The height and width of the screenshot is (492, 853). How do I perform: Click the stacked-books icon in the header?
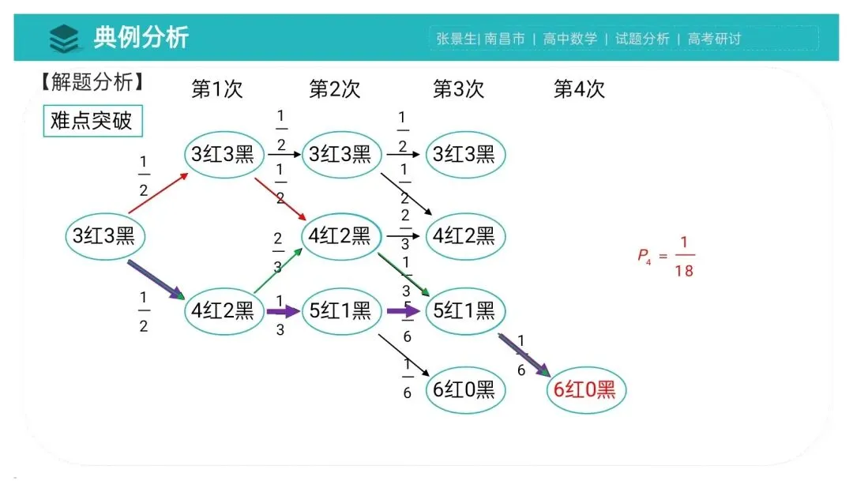pyautogui.click(x=64, y=38)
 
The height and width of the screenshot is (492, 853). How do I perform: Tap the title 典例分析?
pyautogui.click(x=141, y=37)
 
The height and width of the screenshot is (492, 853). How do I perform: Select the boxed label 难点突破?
pyautogui.click(x=92, y=122)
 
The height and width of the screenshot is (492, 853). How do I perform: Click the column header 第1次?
pyautogui.click(x=216, y=89)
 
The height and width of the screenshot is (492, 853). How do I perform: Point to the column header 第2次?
pyautogui.click(x=334, y=89)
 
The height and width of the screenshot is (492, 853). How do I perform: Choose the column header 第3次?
pyautogui.click(x=458, y=89)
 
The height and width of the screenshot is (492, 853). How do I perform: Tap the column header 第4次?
pyautogui.click(x=579, y=89)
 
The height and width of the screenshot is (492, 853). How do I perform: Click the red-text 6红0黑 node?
pyautogui.click(x=585, y=389)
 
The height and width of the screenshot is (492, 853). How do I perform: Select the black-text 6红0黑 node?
pyautogui.click(x=464, y=389)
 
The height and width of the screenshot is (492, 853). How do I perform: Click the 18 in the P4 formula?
pyautogui.click(x=684, y=272)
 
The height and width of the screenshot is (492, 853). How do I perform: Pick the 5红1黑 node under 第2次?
pyautogui.click(x=340, y=311)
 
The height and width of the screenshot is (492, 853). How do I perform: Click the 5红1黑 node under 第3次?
pyautogui.click(x=464, y=311)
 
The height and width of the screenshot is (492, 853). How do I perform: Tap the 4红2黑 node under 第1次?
pyautogui.click(x=224, y=311)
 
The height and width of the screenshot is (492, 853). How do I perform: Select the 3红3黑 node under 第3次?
pyautogui.click(x=464, y=154)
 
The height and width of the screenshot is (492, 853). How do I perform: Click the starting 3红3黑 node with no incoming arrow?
pyautogui.click(x=104, y=235)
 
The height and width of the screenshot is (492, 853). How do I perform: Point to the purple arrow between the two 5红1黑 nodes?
pyautogui.click(x=404, y=311)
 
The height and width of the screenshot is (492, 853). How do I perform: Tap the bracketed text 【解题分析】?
pyautogui.click(x=92, y=81)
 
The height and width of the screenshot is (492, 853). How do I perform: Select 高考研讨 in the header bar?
pyautogui.click(x=715, y=39)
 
